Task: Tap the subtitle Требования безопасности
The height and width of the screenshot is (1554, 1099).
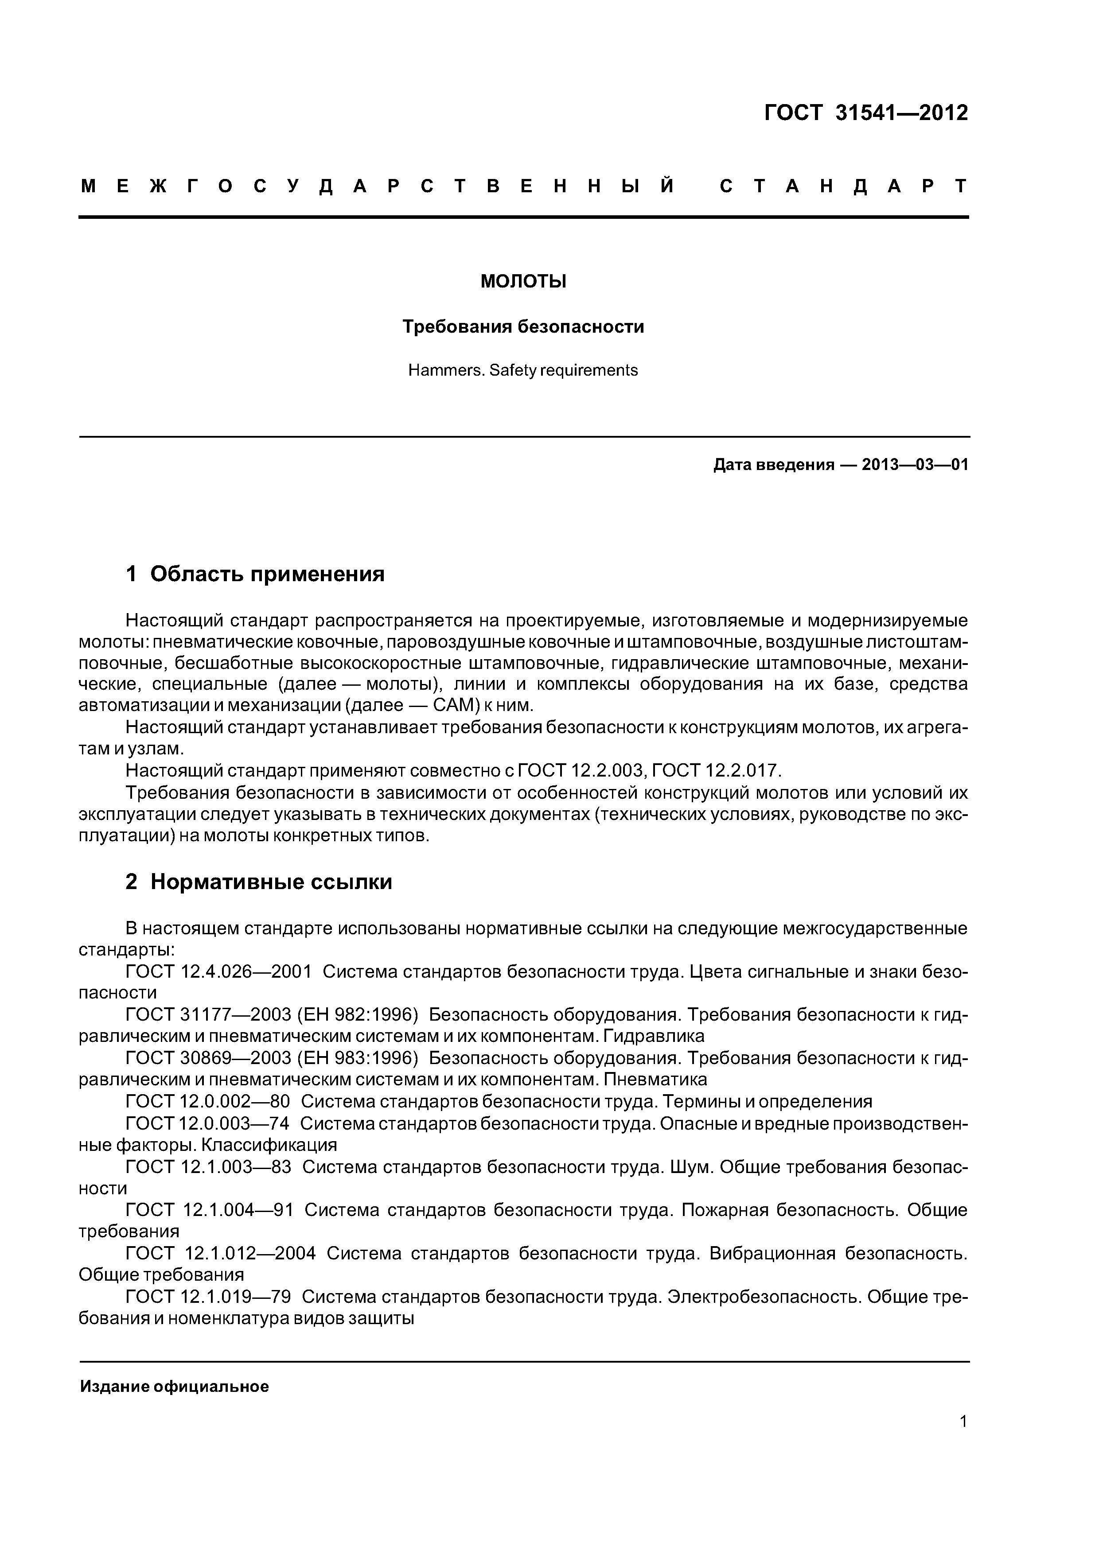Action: coord(523,327)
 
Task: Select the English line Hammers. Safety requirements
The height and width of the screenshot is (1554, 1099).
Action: coord(523,371)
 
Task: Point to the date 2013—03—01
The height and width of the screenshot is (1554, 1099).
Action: coord(915,465)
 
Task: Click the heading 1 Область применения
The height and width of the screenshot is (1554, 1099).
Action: coord(255,574)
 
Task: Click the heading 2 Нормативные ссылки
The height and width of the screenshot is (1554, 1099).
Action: coord(259,882)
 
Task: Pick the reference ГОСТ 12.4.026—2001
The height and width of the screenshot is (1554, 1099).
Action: coord(219,971)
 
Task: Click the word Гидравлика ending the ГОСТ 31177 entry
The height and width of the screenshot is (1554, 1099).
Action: coord(654,1036)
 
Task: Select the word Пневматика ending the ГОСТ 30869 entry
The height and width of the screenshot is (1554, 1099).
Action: coord(655,1080)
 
